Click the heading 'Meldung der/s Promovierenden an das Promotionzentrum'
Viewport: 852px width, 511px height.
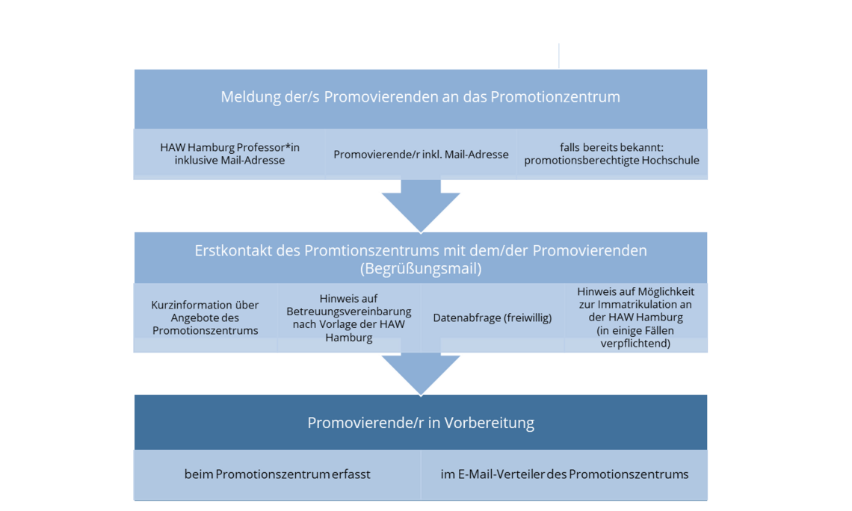click(x=420, y=97)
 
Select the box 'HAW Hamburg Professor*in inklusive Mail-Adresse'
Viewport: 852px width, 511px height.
click(x=229, y=153)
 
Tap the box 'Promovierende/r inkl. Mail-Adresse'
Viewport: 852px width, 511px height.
click(x=421, y=154)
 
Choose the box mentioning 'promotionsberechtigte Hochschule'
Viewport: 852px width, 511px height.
click(x=611, y=154)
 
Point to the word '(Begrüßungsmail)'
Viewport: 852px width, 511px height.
click(x=420, y=268)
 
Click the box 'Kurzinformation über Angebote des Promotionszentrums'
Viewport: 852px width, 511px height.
click(x=205, y=318)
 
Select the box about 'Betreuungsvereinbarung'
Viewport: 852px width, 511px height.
click(x=349, y=318)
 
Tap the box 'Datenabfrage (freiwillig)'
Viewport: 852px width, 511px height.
click(x=492, y=318)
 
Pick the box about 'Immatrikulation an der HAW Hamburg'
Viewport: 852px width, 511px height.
click(x=635, y=318)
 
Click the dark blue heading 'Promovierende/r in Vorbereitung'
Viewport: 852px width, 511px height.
click(x=420, y=423)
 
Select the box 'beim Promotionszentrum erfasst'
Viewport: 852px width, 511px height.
click(x=277, y=474)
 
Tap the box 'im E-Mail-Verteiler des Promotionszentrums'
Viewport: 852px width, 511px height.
click(x=564, y=474)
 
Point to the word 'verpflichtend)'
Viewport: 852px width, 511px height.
click(x=635, y=344)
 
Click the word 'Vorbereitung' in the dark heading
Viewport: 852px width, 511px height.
click(x=490, y=423)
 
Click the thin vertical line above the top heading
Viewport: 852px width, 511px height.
click(x=558, y=55)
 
